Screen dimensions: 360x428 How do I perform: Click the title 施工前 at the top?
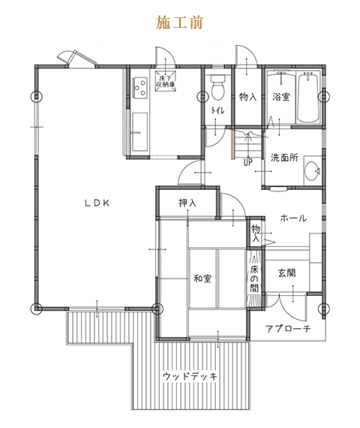tap(179, 23)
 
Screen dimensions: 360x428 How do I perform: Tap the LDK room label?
tap(97, 203)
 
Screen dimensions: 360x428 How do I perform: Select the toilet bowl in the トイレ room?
tap(218, 87)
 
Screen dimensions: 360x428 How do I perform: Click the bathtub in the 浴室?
tap(308, 98)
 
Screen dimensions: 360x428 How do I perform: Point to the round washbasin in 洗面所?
tap(312, 171)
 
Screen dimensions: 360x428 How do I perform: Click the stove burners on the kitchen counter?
tap(139, 87)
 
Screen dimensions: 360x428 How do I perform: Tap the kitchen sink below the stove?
tap(140, 132)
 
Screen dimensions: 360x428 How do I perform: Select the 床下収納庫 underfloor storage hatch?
tap(166, 81)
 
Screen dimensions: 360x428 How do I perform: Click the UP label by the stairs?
tap(248, 162)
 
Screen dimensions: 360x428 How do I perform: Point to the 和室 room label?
tap(202, 279)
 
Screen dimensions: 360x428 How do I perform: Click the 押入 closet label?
tap(187, 203)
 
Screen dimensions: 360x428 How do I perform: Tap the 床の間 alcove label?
tap(254, 279)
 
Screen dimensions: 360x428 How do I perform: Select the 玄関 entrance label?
tap(287, 273)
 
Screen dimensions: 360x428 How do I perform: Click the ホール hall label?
tap(293, 218)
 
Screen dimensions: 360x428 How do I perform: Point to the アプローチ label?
tap(288, 329)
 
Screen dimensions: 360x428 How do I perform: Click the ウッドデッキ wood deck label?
tap(190, 376)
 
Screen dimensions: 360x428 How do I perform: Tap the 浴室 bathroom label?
tap(281, 97)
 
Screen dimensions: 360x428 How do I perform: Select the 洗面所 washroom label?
tap(284, 158)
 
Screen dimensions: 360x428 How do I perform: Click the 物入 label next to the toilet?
tap(248, 97)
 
